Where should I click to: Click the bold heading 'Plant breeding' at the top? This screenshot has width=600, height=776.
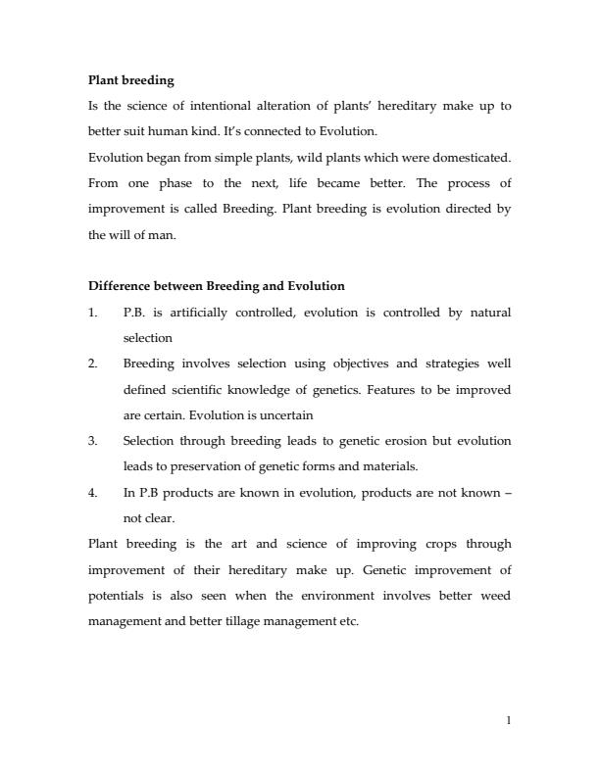click(131, 79)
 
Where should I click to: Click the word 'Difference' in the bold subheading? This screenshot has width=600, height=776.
click(120, 286)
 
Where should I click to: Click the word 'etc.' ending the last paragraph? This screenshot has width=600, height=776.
click(349, 621)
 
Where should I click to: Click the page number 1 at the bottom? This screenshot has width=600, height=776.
click(508, 720)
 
